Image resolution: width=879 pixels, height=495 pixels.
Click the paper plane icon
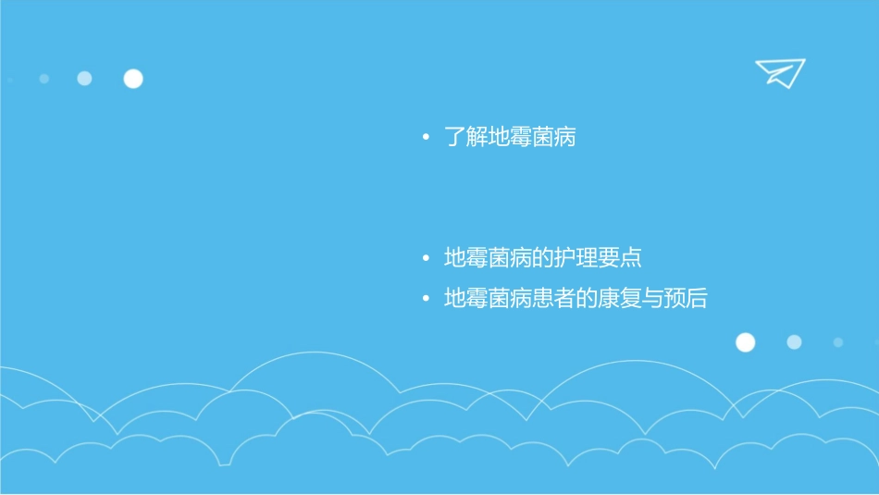tap(779, 72)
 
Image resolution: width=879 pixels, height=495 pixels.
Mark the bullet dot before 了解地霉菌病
tap(426, 139)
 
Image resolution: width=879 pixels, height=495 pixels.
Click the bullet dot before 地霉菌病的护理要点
tap(426, 258)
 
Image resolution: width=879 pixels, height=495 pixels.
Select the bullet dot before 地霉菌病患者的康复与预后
tap(426, 300)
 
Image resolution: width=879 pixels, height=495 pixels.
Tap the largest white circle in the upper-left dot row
tap(133, 79)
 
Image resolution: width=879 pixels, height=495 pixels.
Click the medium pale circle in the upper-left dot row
tap(84, 79)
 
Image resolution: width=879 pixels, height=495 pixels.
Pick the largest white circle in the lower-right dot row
tap(745, 342)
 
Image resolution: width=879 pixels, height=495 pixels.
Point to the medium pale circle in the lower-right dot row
tap(794, 342)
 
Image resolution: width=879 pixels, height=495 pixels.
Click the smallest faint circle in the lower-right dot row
tap(837, 342)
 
